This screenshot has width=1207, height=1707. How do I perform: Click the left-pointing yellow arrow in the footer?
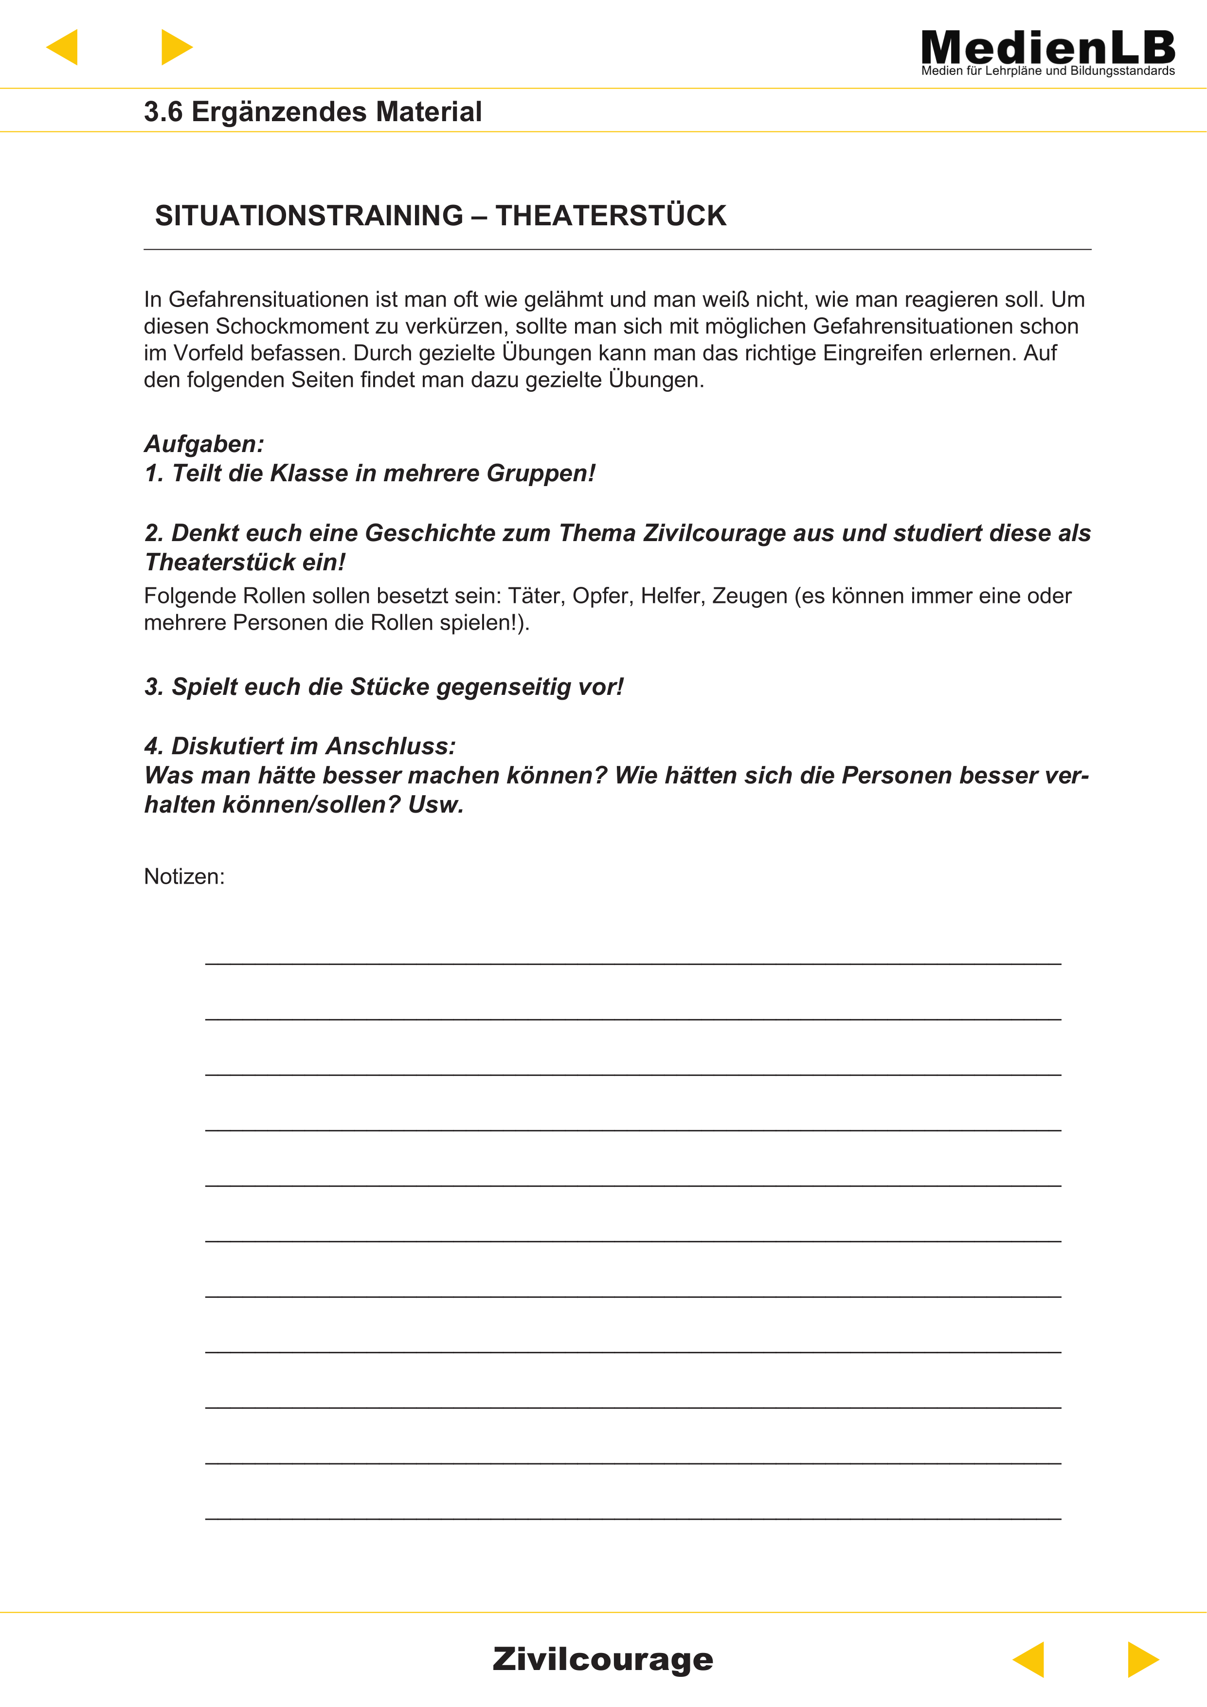point(1029,1659)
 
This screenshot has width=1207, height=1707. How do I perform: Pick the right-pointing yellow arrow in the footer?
point(1142,1659)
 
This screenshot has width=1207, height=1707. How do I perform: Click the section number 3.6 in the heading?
point(163,112)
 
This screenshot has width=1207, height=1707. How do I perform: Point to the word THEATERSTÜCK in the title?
point(611,216)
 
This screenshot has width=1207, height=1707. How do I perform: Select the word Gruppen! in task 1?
point(540,473)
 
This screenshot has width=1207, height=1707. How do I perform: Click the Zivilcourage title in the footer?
point(603,1659)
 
